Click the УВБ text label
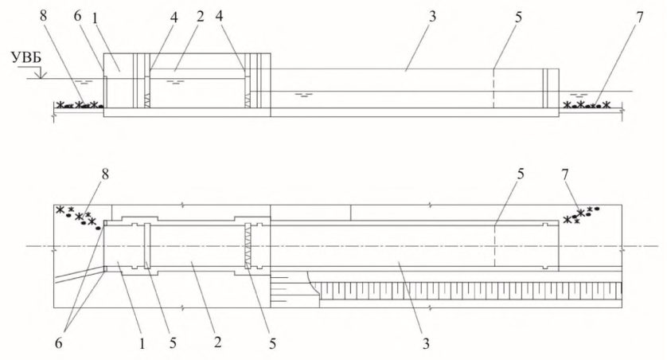pos(26,58)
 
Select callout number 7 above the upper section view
pos(638,17)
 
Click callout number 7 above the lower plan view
pos(564,174)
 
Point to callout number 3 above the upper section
pos(432,17)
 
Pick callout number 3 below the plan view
pos(426,343)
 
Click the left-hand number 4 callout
pos(173,17)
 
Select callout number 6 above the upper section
pos(77,17)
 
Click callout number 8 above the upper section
pos(43,17)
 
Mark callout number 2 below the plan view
pos(218,342)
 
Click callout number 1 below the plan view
pos(142,343)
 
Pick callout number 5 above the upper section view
pos(518,17)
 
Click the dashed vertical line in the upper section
pos(493,88)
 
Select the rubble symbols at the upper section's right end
pos(587,104)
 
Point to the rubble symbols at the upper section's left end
pos(80,104)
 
